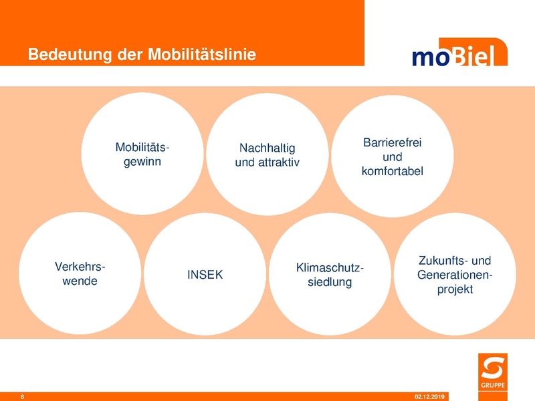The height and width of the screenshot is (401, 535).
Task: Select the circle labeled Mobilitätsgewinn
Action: (x=142, y=154)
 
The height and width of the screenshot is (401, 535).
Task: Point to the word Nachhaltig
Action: (x=267, y=148)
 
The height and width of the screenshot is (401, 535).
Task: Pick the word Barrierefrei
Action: (x=393, y=143)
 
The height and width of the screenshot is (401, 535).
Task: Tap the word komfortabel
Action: (x=393, y=172)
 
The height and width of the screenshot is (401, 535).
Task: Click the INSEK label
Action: (x=205, y=275)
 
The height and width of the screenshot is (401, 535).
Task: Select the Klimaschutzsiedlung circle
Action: (x=330, y=275)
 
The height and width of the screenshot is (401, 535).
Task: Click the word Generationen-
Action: (x=455, y=275)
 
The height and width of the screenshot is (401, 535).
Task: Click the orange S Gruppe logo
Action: (x=493, y=371)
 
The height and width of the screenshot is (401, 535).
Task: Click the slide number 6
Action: (x=23, y=397)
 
